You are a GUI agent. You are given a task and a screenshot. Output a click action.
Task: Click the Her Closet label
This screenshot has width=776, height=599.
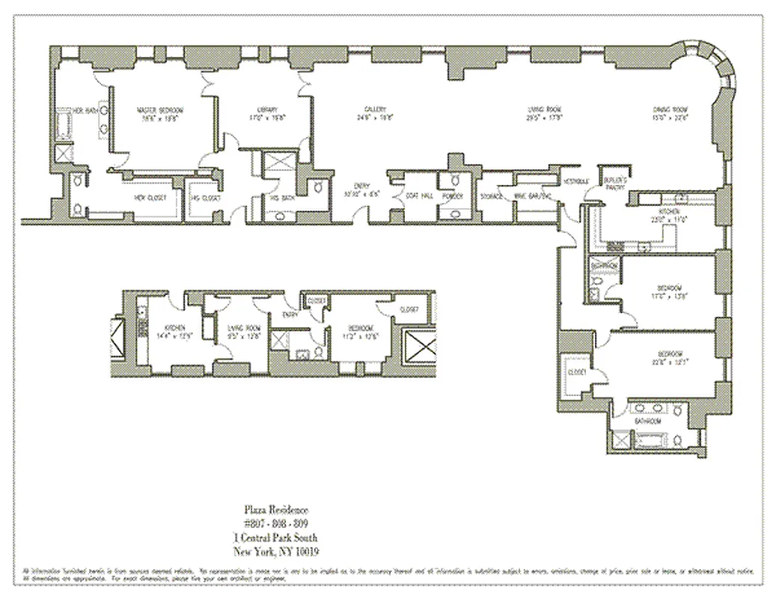(x=150, y=198)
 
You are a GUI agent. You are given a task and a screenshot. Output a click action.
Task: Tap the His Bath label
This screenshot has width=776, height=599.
(x=281, y=198)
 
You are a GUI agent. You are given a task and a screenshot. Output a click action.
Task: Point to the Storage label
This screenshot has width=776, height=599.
(x=492, y=196)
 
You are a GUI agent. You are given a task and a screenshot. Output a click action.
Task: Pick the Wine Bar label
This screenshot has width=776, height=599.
(x=532, y=196)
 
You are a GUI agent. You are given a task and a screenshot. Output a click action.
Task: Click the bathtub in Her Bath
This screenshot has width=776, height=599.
(x=62, y=127)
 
